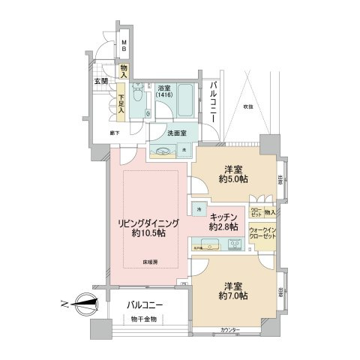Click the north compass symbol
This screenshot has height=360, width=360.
click(84, 305)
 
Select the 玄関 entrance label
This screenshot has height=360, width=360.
click(101, 80)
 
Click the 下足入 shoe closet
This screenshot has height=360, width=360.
click(121, 100)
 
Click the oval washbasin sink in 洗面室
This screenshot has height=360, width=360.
click(164, 150)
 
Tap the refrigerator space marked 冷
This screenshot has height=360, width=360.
click(198, 208)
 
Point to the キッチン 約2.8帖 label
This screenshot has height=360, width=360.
click(223, 220)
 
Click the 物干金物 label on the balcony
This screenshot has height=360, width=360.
click(142, 319)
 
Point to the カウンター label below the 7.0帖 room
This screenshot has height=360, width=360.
click(232, 330)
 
